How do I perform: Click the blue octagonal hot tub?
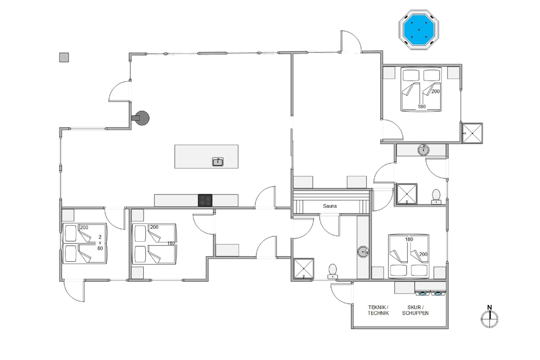point(419,30)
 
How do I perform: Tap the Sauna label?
point(329,206)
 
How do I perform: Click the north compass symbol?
point(489,317)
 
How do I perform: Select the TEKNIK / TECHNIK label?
point(378,310)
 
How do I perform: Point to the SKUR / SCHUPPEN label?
point(415,310)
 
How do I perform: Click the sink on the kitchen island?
point(218,161)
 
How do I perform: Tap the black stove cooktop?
point(205,200)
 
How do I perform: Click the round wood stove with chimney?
point(141,118)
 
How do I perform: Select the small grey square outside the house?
point(64,57)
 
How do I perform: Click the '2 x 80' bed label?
point(100,242)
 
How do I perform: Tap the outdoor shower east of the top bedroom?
point(472,133)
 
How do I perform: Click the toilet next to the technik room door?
point(332,271)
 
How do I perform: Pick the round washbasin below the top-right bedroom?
point(423,150)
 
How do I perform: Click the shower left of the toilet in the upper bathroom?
point(407,194)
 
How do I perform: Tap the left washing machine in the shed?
point(423,294)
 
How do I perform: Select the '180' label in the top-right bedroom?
point(422,107)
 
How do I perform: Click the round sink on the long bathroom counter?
point(363,252)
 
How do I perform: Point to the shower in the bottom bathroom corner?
point(303,268)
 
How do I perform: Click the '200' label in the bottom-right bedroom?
point(423,254)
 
